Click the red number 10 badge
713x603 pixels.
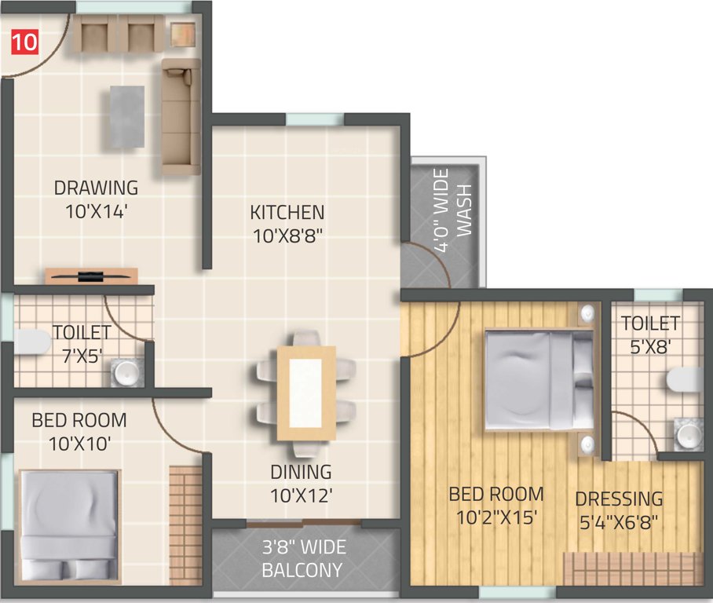[x=24, y=42]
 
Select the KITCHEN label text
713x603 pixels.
[x=287, y=212]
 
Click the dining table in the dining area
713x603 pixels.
[x=305, y=393]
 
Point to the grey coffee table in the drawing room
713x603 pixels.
[x=126, y=116]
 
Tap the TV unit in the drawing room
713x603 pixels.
[x=91, y=276]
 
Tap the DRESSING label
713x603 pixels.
[x=619, y=499]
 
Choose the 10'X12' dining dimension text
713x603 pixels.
[x=302, y=495]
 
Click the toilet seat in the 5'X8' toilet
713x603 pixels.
[x=682, y=379]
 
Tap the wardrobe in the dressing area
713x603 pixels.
[x=632, y=568]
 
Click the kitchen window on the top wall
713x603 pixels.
[x=315, y=119]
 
